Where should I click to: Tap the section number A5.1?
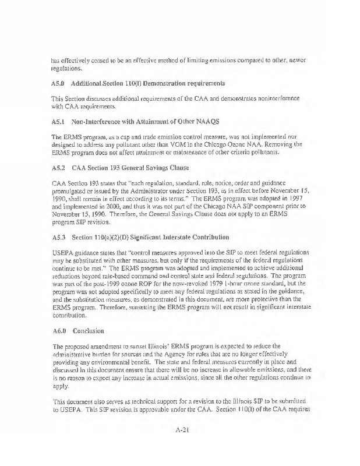tap(59, 121)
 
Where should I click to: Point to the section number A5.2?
tap(59, 167)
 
